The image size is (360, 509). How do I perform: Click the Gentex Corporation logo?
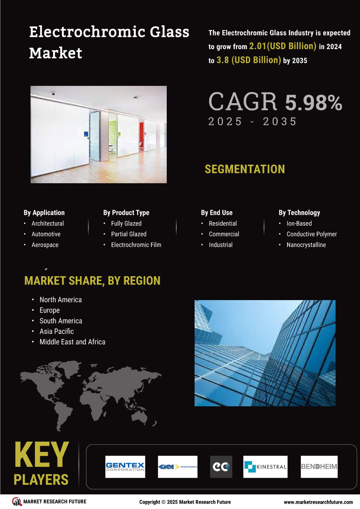125,467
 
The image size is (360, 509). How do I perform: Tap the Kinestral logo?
265,467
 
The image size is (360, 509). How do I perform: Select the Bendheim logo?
319,467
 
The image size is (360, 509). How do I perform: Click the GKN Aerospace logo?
177,467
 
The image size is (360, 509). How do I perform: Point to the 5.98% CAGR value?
313,103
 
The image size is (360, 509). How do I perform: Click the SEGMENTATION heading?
245,169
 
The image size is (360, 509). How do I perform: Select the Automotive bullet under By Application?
46,234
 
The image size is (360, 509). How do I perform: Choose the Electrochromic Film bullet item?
136,245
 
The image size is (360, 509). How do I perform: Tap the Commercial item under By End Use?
224,234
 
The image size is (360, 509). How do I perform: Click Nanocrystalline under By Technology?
306,245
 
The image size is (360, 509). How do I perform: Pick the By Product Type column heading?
126,212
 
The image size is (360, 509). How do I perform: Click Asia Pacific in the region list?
57,331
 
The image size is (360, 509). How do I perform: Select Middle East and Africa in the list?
73,342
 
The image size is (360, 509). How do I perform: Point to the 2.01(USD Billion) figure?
283,46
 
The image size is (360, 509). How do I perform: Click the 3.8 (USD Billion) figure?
249,60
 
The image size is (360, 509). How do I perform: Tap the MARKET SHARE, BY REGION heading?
92,281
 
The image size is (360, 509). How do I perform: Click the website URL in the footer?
318,502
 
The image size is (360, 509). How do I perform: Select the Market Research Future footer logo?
49,501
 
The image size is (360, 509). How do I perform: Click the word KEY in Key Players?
41,455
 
